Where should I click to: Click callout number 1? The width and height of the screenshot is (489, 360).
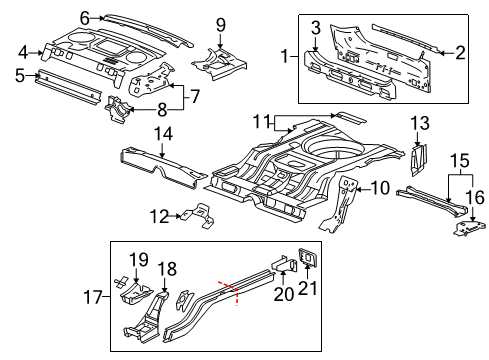point(287,55)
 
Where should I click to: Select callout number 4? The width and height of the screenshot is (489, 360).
point(22,52)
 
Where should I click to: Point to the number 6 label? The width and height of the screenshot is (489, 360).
point(85,17)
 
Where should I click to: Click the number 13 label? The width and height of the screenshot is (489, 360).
point(421,124)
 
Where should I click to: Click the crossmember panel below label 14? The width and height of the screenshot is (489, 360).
point(160,169)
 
